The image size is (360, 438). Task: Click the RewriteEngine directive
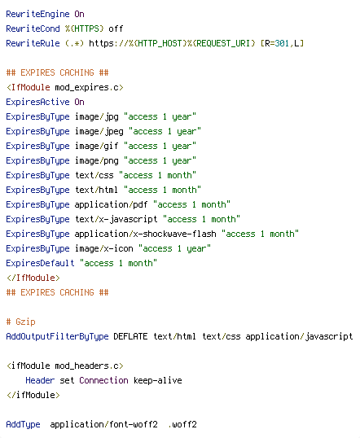[37, 14]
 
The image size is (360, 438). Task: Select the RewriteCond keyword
[33, 28]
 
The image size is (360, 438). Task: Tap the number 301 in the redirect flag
[282, 43]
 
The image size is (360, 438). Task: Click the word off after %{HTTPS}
[116, 28]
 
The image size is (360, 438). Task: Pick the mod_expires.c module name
[89, 87]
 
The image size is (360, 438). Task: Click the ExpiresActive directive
[37, 102]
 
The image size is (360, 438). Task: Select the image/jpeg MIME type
[99, 132]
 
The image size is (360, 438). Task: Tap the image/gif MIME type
[96, 146]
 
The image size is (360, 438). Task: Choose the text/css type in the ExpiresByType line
[94, 175]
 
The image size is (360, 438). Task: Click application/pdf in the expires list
[111, 205]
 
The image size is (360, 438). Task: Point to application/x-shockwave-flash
[145, 234]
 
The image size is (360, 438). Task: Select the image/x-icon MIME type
[103, 248]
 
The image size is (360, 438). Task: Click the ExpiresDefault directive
[40, 263]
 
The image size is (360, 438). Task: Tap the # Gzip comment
[20, 322]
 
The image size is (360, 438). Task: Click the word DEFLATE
[130, 336]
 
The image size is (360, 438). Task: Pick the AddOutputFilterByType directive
[57, 336]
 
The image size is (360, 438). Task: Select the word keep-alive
[158, 380]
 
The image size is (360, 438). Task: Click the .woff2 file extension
[182, 424]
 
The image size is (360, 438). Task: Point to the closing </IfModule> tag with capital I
[33, 278]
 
